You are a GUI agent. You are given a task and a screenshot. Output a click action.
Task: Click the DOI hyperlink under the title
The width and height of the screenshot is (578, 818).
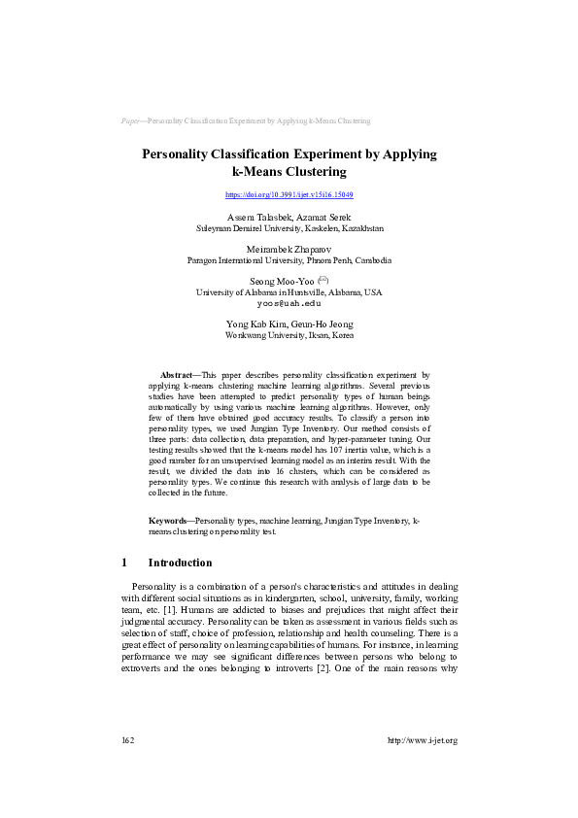pyautogui.click(x=289, y=194)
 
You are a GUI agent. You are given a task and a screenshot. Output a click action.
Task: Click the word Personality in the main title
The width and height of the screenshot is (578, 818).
pyautogui.click(x=185, y=153)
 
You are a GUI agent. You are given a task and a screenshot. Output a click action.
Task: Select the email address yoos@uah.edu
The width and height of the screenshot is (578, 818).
pyautogui.click(x=289, y=302)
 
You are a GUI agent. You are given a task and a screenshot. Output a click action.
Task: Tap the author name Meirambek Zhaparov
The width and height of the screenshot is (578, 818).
pyautogui.click(x=289, y=250)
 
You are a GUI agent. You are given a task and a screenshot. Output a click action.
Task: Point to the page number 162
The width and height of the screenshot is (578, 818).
pyautogui.click(x=127, y=740)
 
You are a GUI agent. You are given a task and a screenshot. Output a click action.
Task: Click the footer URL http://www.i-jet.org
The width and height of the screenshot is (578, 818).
pyautogui.click(x=422, y=740)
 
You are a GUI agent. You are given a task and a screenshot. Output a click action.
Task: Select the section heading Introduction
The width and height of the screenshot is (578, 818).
pyautogui.click(x=180, y=562)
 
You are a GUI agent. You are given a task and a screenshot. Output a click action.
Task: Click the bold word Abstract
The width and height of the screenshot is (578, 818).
pyautogui.click(x=176, y=374)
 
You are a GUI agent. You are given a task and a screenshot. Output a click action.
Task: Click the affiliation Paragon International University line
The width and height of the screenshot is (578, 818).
pyautogui.click(x=289, y=260)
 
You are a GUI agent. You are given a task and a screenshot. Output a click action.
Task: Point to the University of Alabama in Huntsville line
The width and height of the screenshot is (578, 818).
pyautogui.click(x=289, y=291)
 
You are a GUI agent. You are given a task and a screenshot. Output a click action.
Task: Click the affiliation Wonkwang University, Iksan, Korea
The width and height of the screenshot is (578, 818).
pyautogui.click(x=289, y=334)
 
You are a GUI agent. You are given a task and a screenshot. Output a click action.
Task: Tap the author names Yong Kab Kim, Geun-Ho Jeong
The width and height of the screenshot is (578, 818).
pyautogui.click(x=289, y=324)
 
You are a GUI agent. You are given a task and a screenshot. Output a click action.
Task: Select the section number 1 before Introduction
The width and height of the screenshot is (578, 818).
pyautogui.click(x=124, y=562)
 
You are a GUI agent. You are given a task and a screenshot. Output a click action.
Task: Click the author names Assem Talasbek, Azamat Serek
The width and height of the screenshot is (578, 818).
pyautogui.click(x=289, y=217)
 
